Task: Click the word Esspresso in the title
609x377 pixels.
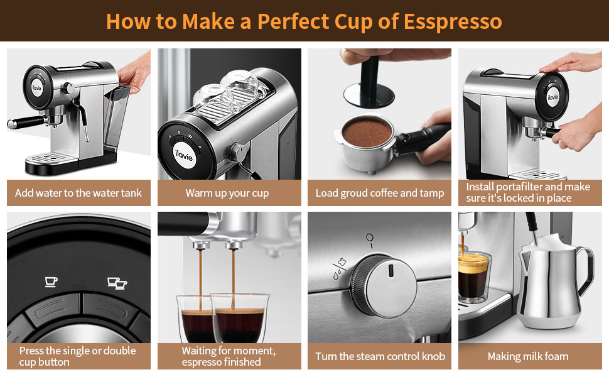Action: coord(453,21)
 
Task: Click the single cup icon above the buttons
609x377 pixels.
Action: coord(51,281)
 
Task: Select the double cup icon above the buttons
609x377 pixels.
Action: coord(117,283)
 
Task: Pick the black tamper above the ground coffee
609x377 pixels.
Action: coord(369,84)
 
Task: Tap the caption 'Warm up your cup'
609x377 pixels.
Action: coord(227,193)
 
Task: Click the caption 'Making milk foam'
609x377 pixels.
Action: coord(528,356)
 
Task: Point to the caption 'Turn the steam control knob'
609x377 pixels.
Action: coord(380,356)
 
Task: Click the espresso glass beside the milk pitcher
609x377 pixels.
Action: coord(474,276)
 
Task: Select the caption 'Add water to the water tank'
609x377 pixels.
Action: coord(78,193)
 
